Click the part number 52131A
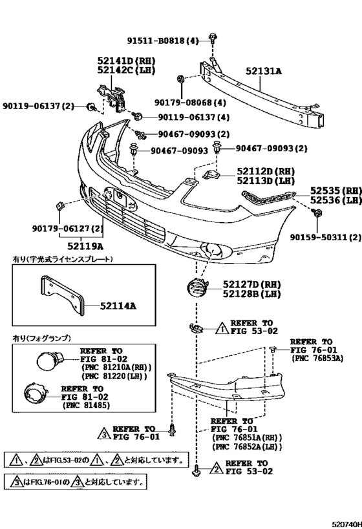point(264,74)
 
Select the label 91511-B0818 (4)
point(163,41)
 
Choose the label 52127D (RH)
point(250,284)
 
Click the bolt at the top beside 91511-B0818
point(212,37)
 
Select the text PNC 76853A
point(317,358)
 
